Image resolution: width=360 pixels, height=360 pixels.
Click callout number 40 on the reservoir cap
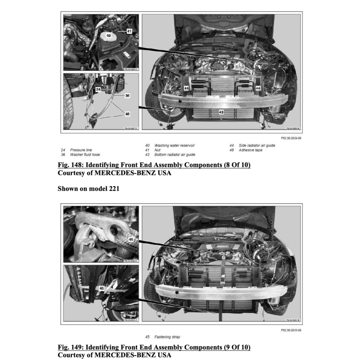pos(109,36)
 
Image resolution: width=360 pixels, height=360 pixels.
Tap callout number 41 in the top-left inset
pos(129,31)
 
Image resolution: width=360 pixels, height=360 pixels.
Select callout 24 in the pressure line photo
pos(98,90)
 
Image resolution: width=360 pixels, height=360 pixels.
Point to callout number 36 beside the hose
pos(127,95)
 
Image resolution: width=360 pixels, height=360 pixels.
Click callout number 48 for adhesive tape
pos(127,114)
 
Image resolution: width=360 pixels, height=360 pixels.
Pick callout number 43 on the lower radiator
pos(221,112)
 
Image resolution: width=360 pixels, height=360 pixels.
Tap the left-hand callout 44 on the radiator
pos(186,88)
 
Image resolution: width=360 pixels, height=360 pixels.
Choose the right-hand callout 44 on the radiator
pos(258,88)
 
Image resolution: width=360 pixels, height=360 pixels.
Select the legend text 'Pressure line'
pos(81,150)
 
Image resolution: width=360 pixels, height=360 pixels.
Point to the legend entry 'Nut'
pos(157,150)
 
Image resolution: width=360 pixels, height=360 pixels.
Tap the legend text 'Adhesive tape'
pos(250,150)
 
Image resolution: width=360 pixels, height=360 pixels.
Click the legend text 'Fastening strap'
pos(167,337)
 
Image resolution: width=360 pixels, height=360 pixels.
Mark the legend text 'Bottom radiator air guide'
pos(175,154)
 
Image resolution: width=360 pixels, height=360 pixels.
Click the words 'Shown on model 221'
pos(88,189)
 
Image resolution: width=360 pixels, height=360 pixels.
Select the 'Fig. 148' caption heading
pos(154,165)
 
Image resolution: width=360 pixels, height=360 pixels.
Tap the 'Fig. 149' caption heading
pos(154,348)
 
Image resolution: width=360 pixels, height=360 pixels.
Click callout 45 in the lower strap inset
pos(102,288)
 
